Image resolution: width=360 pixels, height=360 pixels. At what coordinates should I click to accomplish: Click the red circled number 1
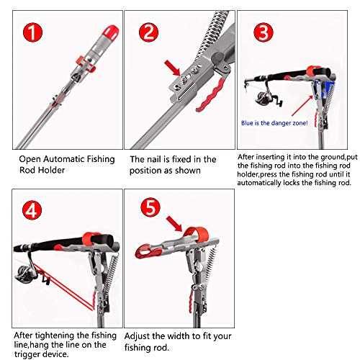tap(32, 32)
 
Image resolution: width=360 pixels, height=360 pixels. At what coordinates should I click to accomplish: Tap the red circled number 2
tap(148, 32)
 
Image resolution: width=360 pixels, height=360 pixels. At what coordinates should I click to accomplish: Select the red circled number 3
tap(264, 32)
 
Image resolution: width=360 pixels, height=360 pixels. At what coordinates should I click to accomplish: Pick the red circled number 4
tap(32, 210)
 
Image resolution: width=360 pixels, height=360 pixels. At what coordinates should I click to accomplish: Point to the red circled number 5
tap(150, 207)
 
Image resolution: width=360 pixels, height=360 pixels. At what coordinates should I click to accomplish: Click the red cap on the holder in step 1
tap(111, 32)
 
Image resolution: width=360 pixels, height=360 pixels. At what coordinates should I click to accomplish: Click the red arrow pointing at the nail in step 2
tap(172, 68)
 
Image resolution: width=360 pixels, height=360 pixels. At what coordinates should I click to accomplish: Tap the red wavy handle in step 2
tap(210, 96)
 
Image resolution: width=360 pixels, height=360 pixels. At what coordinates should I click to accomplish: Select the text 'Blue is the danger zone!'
tap(274, 123)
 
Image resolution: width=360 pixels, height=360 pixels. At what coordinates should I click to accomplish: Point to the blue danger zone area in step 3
tap(326, 89)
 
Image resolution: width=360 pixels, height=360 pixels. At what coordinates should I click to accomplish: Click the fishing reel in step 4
tap(27, 274)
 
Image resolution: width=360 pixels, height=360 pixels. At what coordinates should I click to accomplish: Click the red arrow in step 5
tap(174, 224)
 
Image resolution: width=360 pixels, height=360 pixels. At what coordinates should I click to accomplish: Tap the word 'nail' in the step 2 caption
tap(155, 159)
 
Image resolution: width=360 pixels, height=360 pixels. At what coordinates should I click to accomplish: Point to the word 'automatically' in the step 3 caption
tap(259, 183)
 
